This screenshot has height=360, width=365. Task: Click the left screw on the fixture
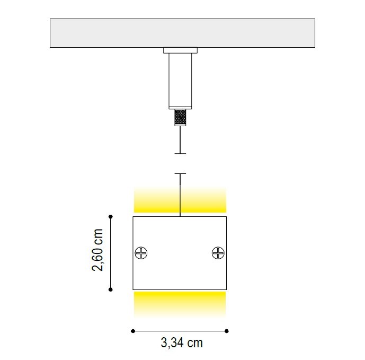coord(141,253)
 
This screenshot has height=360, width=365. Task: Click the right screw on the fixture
coord(218,253)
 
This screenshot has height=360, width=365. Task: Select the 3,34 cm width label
coord(182,343)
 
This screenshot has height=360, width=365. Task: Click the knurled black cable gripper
coord(181,117)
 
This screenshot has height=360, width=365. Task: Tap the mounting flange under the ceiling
coord(181,50)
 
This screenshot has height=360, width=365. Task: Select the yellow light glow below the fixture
coord(180,303)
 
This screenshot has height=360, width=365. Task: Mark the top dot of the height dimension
coord(111,216)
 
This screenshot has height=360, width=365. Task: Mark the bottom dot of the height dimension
coord(111,289)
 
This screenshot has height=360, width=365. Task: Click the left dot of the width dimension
coord(132,331)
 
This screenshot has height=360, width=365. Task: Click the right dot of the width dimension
coord(227,331)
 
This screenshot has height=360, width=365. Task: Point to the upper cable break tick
coord(181,154)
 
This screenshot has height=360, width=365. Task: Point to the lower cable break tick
coord(181,173)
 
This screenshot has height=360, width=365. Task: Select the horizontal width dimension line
coord(180,331)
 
